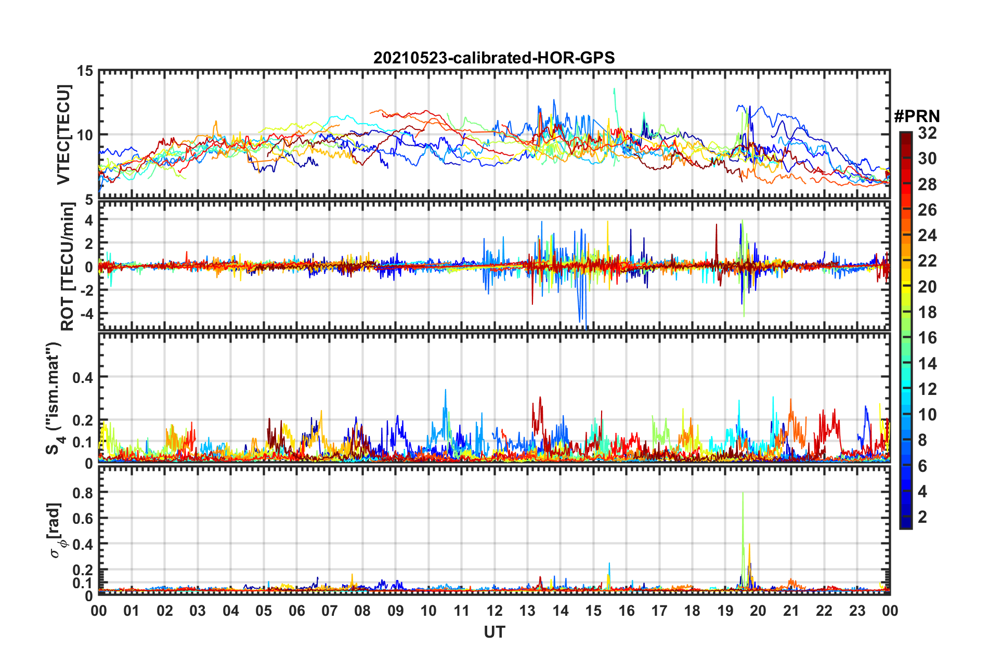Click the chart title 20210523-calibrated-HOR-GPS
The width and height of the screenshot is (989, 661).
click(x=494, y=58)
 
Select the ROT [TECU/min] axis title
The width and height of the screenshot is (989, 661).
click(x=68, y=267)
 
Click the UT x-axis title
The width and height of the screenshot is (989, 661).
click(x=494, y=631)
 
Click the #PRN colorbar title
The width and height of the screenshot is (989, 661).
click(x=916, y=116)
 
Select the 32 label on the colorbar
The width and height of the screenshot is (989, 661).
click(x=927, y=133)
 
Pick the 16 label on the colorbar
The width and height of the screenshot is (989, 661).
click(x=927, y=338)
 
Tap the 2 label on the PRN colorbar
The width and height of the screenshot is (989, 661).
click(x=922, y=517)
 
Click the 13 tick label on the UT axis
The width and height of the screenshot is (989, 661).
click(x=527, y=611)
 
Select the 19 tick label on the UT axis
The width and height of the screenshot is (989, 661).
click(x=725, y=611)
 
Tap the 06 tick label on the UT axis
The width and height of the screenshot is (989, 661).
click(x=296, y=611)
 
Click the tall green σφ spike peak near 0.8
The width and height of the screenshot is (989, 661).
click(x=743, y=493)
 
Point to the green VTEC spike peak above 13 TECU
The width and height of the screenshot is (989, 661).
click(x=614, y=89)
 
